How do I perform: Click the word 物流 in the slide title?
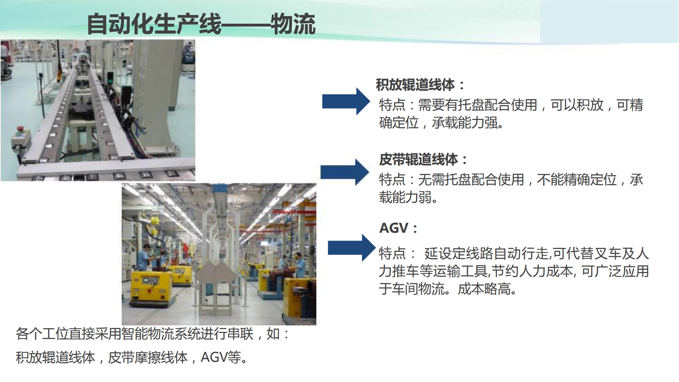(293, 24)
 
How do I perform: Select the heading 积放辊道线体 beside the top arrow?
(415, 85)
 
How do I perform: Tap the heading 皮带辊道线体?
(419, 160)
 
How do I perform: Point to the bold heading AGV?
(394, 228)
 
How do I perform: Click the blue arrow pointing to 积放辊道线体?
(346, 102)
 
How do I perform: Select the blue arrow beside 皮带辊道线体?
(345, 172)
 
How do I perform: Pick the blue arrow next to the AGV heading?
(352, 248)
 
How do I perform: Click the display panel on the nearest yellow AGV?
(150, 280)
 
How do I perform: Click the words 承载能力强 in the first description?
(465, 123)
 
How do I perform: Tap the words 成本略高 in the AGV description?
(484, 289)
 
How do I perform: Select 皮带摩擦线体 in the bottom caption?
(147, 358)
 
